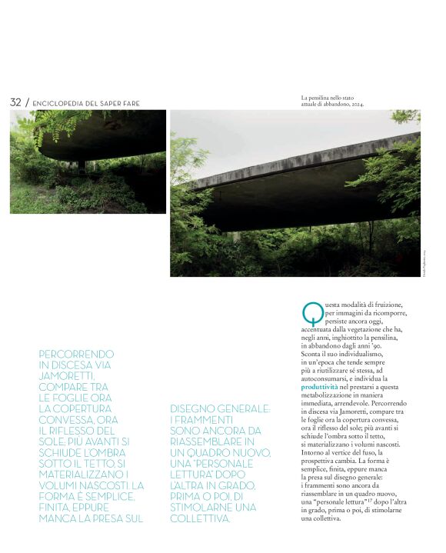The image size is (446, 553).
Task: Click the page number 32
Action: coord(15,102)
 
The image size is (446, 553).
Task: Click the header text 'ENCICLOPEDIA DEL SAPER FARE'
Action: coord(86,104)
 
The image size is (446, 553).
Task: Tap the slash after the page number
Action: coord(27,102)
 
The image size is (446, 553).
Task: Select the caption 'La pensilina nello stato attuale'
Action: coord(332,98)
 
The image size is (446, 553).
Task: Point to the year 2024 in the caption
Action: coord(355,104)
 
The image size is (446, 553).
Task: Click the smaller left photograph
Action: coord(88,162)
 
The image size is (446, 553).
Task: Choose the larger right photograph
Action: coord(295,192)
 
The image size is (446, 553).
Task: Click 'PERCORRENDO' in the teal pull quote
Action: coord(76,355)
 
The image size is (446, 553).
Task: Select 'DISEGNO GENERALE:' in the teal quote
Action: coord(220,409)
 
